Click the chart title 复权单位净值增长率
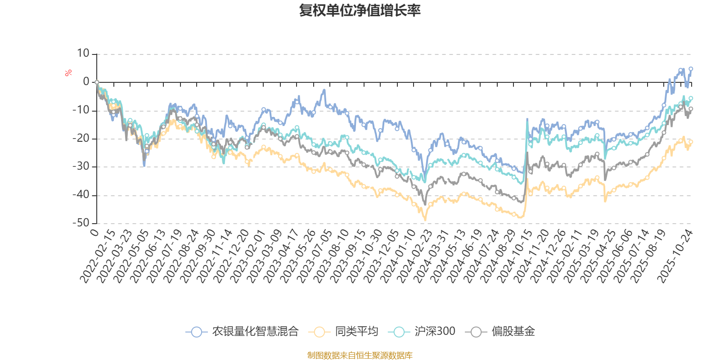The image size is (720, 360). tap(360, 11)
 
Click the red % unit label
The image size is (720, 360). tap(68, 73)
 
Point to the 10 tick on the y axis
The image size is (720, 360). tap(83, 54)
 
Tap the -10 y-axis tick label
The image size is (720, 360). tap(81, 110)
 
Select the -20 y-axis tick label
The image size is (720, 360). tap(81, 139)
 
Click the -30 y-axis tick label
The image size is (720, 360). tap(81, 166)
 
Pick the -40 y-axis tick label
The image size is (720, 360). tap(81, 195)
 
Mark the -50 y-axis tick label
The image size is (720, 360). tap(81, 223)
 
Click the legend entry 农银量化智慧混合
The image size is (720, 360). tap(255, 332)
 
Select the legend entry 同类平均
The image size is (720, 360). tap(356, 332)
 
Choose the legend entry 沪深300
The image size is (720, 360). tap(434, 332)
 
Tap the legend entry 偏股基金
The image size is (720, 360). tap(513, 332)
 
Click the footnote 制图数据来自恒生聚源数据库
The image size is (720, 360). tap(360, 355)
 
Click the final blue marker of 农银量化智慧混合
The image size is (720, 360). tap(691, 69)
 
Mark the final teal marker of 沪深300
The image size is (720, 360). tap(691, 98)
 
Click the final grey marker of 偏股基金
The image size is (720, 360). tap(691, 108)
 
